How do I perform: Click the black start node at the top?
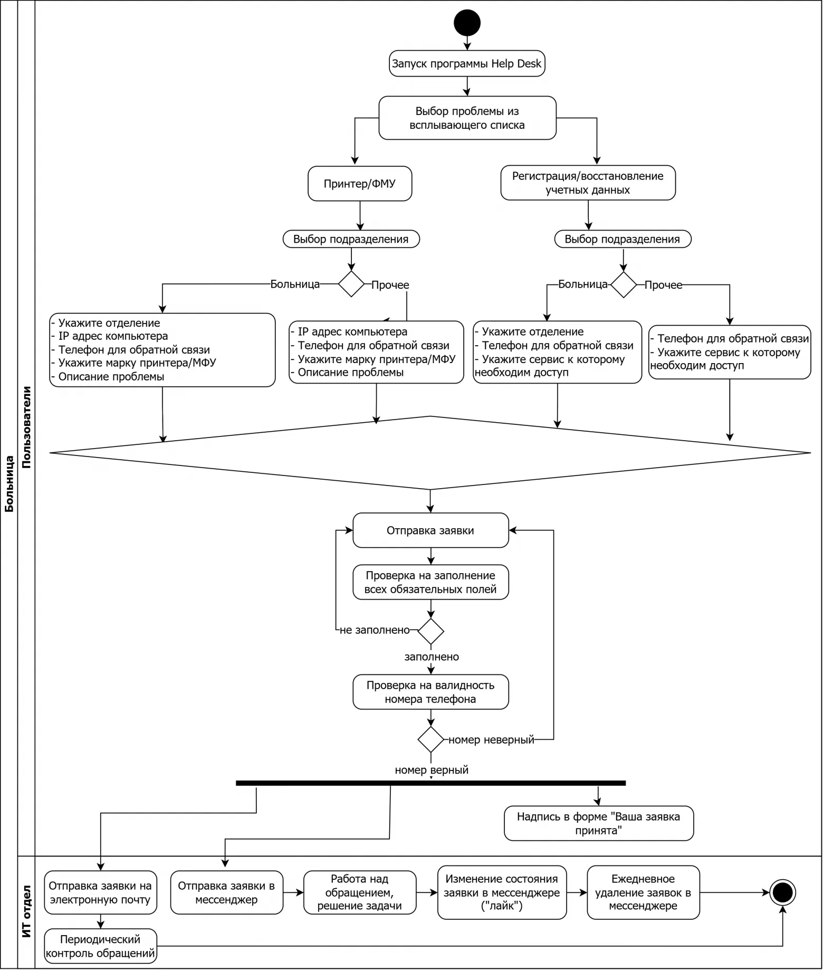click(x=467, y=23)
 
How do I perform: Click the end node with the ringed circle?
click(x=782, y=892)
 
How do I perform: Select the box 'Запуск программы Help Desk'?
click(x=467, y=64)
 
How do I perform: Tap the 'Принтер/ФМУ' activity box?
click(x=360, y=184)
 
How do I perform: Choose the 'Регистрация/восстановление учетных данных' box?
click(x=588, y=183)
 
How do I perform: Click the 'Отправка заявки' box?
click(x=430, y=530)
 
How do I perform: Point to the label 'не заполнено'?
click(x=375, y=630)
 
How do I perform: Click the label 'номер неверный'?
click(x=491, y=740)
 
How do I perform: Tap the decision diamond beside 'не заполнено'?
click(x=431, y=631)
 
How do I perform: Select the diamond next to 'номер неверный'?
click(x=431, y=739)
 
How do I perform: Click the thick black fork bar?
click(x=430, y=783)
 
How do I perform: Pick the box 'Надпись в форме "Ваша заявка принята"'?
click(x=599, y=823)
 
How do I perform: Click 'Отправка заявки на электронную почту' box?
click(x=100, y=892)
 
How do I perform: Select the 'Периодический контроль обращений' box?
click(x=100, y=946)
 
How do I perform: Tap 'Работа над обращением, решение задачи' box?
click(x=360, y=892)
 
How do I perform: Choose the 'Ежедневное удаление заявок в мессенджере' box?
click(x=643, y=892)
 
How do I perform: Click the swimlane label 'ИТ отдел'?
click(x=26, y=911)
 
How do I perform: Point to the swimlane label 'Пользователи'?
click(x=26, y=427)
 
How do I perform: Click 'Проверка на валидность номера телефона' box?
click(x=430, y=692)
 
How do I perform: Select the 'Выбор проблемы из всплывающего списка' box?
click(x=467, y=118)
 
